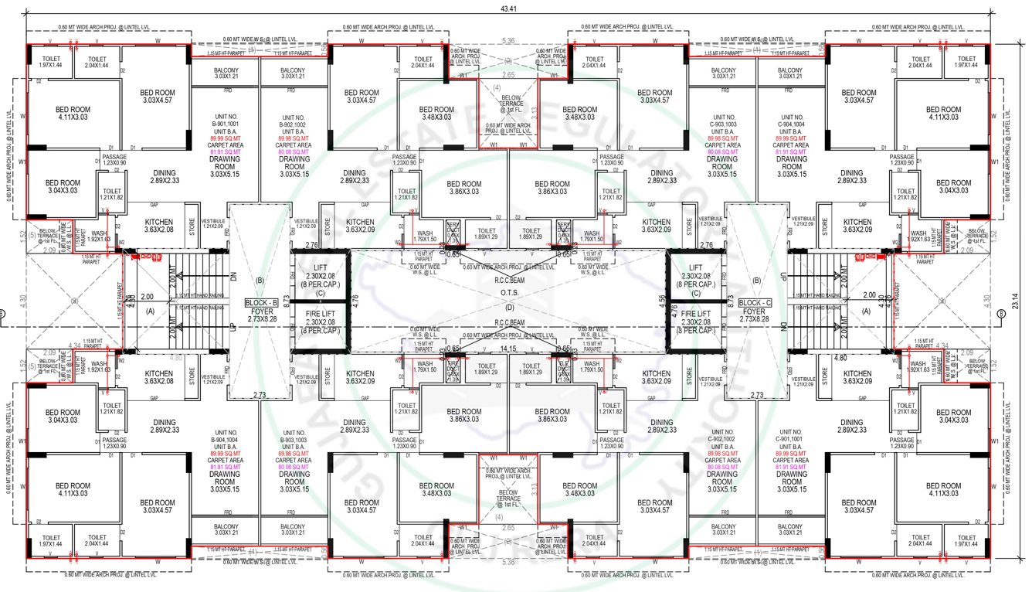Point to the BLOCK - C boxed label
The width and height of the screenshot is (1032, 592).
pos(756,303)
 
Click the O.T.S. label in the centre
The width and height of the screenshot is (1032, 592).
pos(508,293)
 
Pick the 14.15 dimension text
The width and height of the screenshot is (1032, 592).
pos(508,349)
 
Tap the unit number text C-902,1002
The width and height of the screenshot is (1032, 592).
pos(721,439)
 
